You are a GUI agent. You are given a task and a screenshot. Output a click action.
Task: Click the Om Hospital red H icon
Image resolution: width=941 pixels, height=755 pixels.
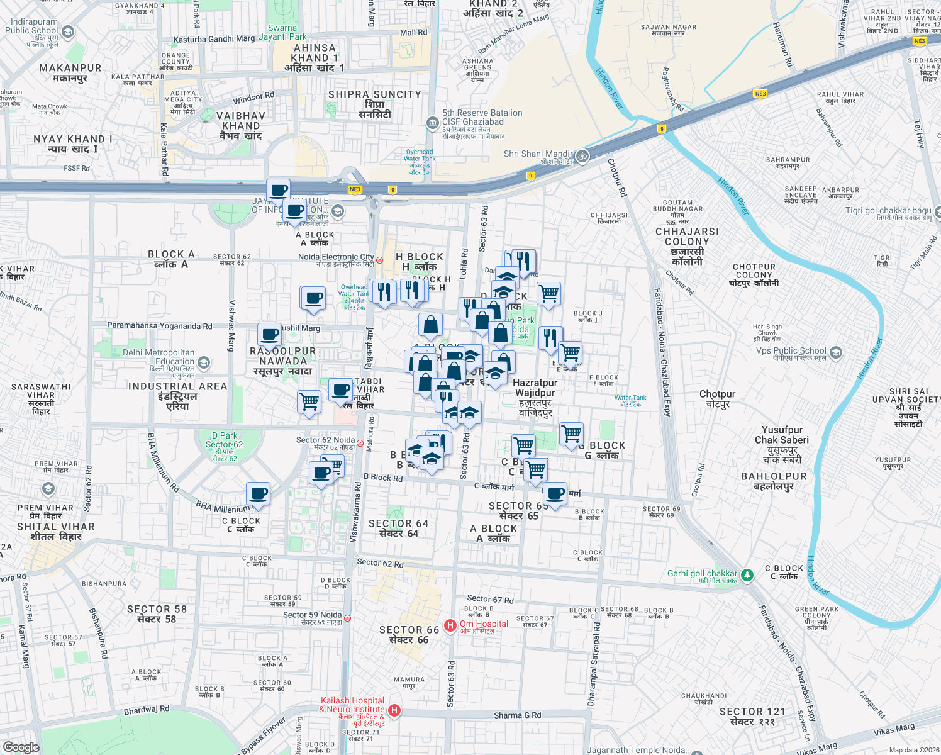click(x=450, y=625)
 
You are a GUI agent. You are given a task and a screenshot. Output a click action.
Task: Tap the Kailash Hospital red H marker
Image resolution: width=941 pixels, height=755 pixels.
click(x=394, y=710)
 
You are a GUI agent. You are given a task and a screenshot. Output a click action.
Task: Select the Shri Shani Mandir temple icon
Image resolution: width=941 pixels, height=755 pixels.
click(x=582, y=155)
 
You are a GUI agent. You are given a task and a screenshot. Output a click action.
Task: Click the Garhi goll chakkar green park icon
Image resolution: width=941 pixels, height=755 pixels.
click(x=747, y=574)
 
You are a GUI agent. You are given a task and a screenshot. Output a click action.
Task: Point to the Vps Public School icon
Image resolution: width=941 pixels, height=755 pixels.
click(x=835, y=352)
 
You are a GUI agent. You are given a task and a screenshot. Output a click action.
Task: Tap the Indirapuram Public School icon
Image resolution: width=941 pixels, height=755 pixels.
click(x=68, y=31)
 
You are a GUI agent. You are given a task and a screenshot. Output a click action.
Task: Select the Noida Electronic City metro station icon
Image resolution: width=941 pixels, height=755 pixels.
click(x=379, y=259)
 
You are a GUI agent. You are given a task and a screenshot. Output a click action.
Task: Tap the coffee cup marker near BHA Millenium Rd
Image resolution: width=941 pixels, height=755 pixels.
click(x=258, y=493)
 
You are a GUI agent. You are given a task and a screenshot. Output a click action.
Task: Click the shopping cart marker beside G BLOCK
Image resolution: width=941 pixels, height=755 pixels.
click(x=571, y=433)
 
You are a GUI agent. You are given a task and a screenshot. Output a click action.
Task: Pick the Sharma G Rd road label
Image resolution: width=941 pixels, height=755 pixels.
click(x=517, y=715)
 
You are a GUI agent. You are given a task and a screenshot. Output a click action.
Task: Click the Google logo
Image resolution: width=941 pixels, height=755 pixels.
click(x=21, y=747)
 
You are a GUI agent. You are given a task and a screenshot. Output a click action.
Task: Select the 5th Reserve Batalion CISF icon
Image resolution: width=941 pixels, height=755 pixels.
click(x=432, y=123)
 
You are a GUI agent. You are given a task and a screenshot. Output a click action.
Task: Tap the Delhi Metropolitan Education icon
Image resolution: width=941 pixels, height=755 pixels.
click(x=203, y=362)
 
